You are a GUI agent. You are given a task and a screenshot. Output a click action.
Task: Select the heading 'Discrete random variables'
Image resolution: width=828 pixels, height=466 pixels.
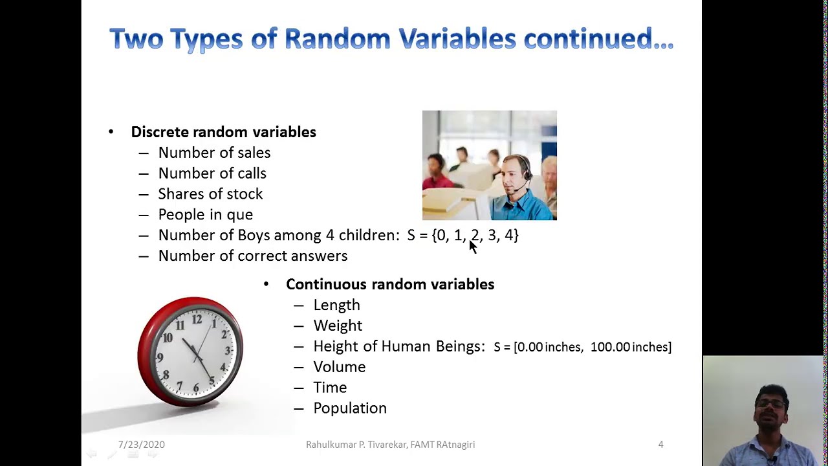point(223,132)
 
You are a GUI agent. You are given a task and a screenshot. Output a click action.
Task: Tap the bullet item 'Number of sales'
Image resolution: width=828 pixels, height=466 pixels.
point(214,153)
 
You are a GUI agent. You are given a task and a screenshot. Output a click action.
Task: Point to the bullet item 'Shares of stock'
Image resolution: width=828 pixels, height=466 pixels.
point(210,194)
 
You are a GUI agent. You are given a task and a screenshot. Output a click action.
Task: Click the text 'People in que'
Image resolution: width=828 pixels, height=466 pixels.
point(205,215)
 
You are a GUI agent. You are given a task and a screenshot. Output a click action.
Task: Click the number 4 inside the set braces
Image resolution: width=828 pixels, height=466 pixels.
point(508,236)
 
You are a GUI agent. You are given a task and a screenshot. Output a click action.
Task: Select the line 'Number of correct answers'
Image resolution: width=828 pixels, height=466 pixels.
point(252,256)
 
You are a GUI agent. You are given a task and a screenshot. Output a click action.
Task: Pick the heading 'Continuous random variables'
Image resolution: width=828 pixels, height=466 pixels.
point(389,285)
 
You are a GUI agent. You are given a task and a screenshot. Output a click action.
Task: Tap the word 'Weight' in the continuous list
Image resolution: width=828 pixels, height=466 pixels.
point(338,326)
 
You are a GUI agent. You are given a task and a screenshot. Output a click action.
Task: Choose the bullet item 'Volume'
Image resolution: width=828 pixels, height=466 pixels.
point(339,367)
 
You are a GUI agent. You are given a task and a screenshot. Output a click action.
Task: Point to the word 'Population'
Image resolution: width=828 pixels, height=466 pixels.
point(349,408)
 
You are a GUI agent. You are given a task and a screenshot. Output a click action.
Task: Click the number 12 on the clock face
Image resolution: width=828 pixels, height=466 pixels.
point(197,320)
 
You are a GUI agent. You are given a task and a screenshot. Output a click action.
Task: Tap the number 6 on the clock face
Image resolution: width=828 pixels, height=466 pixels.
point(196,387)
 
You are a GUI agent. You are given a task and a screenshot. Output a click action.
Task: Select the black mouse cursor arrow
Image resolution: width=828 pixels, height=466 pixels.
point(472,247)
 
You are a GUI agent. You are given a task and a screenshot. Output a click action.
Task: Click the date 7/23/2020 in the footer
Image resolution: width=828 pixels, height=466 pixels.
point(141,445)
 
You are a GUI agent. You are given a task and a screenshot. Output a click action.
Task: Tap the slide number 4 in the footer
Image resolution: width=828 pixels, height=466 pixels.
point(660,445)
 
